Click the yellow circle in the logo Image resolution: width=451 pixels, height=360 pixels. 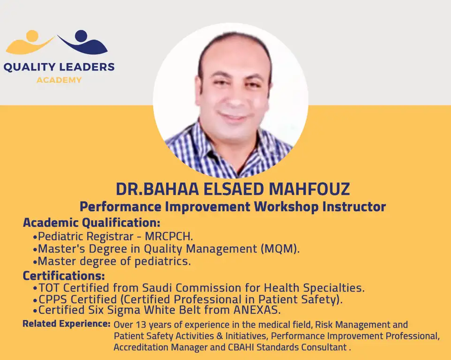coord(32,36)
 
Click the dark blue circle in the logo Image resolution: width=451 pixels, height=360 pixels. coord(81,35)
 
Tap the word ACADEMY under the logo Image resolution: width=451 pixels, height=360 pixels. coord(59,80)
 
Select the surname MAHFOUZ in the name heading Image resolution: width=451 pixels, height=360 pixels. coord(309,189)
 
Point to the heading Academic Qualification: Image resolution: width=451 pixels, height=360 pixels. coord(91,223)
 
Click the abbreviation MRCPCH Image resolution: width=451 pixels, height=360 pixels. coord(169,236)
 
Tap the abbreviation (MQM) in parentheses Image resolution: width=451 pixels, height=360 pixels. coord(280,249)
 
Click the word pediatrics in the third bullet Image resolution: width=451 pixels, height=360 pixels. coord(163,262)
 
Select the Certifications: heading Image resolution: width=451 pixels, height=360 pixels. coord(64,276)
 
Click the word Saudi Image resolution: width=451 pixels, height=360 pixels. coord(157,288)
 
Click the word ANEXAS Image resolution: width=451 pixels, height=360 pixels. coord(257,310)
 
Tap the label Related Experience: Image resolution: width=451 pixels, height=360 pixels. coord(67,324)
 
